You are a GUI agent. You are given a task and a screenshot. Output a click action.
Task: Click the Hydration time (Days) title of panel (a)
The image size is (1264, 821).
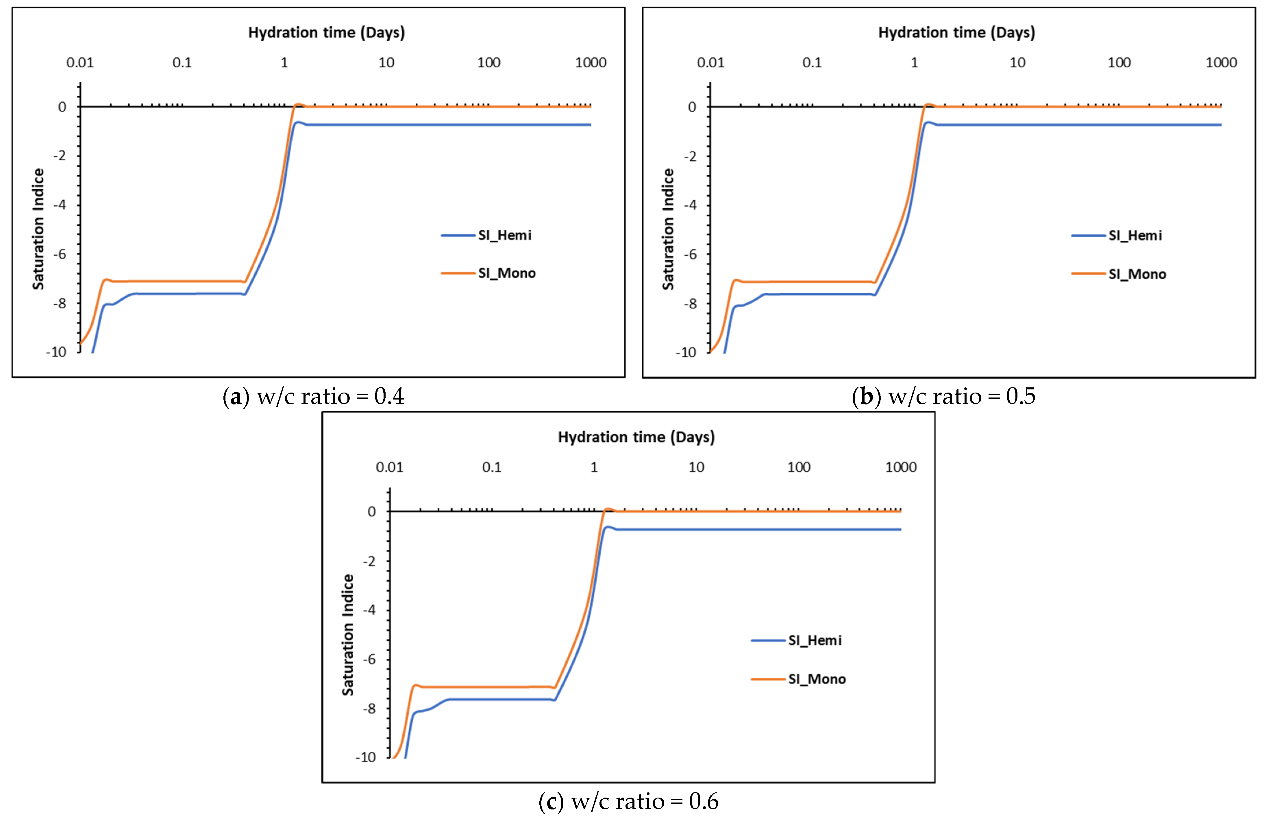click(x=326, y=32)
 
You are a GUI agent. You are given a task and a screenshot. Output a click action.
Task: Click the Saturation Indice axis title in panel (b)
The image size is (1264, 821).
click(x=668, y=229)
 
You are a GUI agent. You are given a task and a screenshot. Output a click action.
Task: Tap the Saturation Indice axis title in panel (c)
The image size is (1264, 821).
click(x=348, y=635)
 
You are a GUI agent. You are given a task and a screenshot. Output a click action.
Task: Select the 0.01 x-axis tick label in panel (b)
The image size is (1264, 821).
click(x=710, y=63)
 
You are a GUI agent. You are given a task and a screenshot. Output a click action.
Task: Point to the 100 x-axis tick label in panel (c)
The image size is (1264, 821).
click(x=798, y=467)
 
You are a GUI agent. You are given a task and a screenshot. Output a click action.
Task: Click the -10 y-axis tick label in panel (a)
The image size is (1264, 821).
click(x=56, y=352)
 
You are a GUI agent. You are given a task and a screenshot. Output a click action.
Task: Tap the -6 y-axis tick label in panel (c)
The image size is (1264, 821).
click(x=369, y=659)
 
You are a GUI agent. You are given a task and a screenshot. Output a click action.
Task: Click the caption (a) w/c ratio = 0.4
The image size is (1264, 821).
click(x=313, y=396)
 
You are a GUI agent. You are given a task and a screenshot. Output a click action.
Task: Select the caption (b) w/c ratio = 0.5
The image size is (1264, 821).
click(x=943, y=396)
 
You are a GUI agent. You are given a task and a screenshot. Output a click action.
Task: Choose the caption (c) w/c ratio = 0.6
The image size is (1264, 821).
click(x=628, y=801)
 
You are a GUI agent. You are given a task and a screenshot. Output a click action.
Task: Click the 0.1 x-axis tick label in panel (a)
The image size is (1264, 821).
click(x=182, y=63)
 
